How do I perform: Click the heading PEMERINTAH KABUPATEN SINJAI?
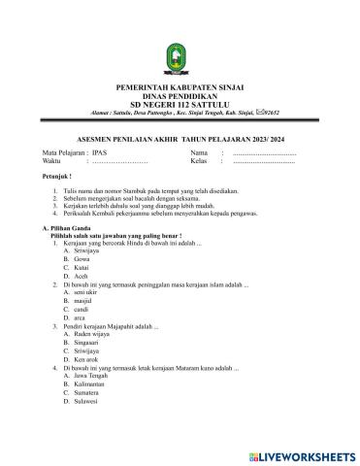180,85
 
